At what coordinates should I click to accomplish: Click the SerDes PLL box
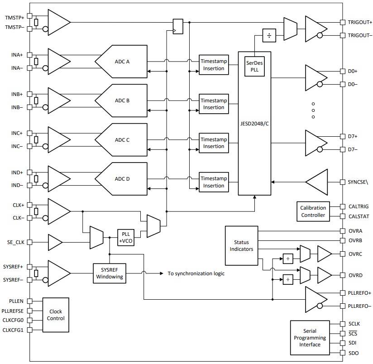coord(254,67)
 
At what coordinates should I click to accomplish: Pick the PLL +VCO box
coord(125,237)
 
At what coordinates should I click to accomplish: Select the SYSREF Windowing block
coord(110,273)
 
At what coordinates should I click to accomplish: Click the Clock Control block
coord(55,315)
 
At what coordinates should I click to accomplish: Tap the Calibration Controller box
coord(313,211)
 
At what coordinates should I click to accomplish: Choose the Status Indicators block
coord(241,246)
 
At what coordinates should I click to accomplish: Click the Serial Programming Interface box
coord(310,338)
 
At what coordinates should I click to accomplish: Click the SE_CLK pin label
coord(16,243)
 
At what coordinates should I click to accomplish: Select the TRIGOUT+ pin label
coord(360,22)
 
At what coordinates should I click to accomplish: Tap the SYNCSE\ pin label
coord(359,182)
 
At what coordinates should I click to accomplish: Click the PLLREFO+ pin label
coord(359,293)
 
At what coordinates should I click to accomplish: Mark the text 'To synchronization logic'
coord(196,273)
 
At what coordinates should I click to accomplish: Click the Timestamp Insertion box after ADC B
coord(214,104)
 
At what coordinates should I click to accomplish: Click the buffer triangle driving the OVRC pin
coord(325,254)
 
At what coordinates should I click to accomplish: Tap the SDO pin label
coord(353,353)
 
